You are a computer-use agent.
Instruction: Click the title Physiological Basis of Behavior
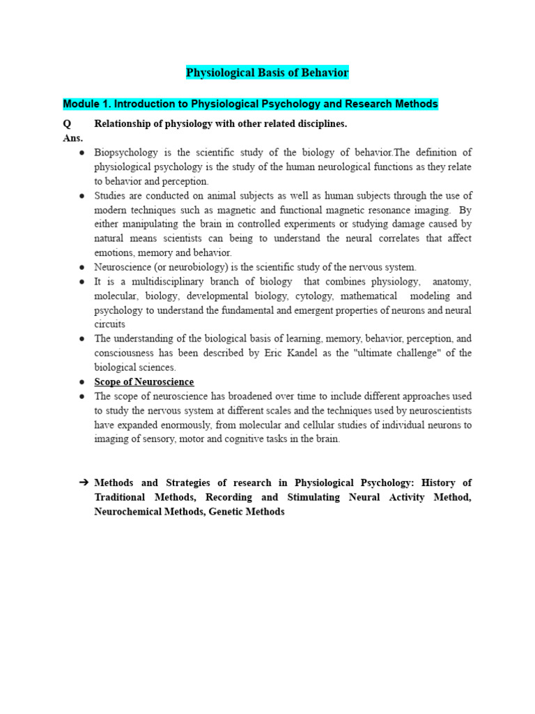click(267, 73)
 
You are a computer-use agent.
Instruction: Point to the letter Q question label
click(67, 123)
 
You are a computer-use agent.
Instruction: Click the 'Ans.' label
click(72, 138)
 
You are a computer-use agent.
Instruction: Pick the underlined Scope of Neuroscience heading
click(144, 382)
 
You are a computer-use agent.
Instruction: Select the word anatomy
click(451, 282)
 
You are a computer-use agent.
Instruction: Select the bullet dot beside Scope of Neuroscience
click(82, 382)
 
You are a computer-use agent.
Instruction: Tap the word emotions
click(114, 253)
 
